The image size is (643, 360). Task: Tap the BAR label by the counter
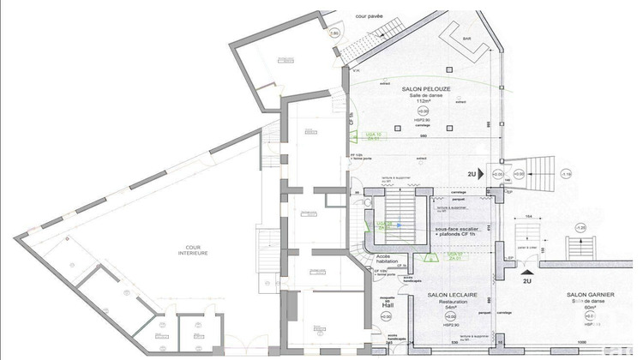467,39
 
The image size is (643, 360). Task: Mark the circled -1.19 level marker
565,173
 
